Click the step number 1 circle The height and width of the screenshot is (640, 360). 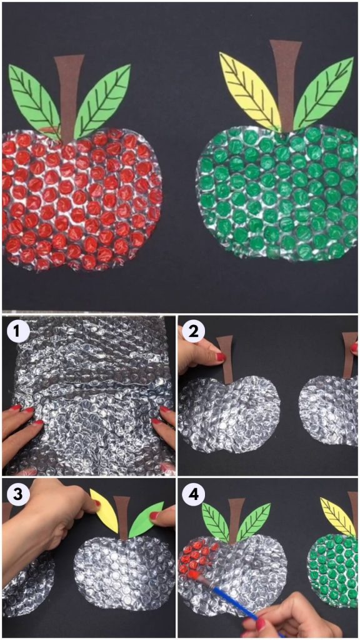(x=17, y=330)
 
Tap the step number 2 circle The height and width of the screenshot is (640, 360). (x=193, y=330)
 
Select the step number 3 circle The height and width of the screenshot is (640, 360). (x=17, y=493)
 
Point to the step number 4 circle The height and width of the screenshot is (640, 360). (x=193, y=493)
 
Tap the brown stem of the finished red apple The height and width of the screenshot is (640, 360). (x=68, y=94)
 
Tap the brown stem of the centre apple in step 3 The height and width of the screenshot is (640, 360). (x=123, y=516)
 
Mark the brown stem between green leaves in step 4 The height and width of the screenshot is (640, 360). (x=236, y=519)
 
